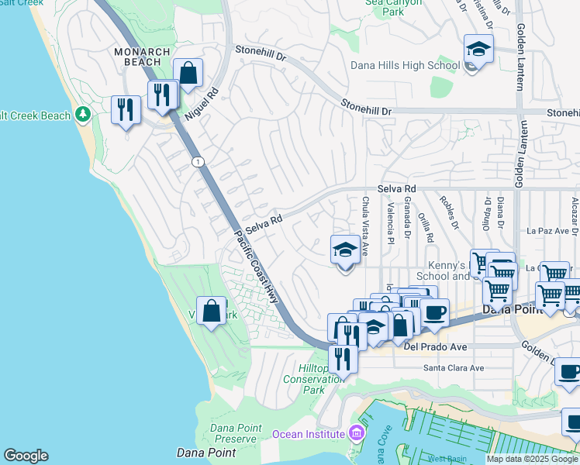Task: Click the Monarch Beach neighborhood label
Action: [x=142, y=57]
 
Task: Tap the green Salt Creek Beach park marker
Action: [x=84, y=115]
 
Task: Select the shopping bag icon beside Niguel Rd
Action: [x=188, y=74]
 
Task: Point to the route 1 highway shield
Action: [x=199, y=160]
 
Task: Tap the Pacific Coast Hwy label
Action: [x=255, y=267]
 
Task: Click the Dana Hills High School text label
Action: [x=405, y=66]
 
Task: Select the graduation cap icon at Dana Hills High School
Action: [x=478, y=50]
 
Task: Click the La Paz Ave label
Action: [x=548, y=230]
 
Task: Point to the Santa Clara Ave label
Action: [x=453, y=367]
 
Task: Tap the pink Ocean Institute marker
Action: [x=356, y=431]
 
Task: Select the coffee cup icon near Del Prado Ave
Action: [x=434, y=313]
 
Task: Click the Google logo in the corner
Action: [x=26, y=456]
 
